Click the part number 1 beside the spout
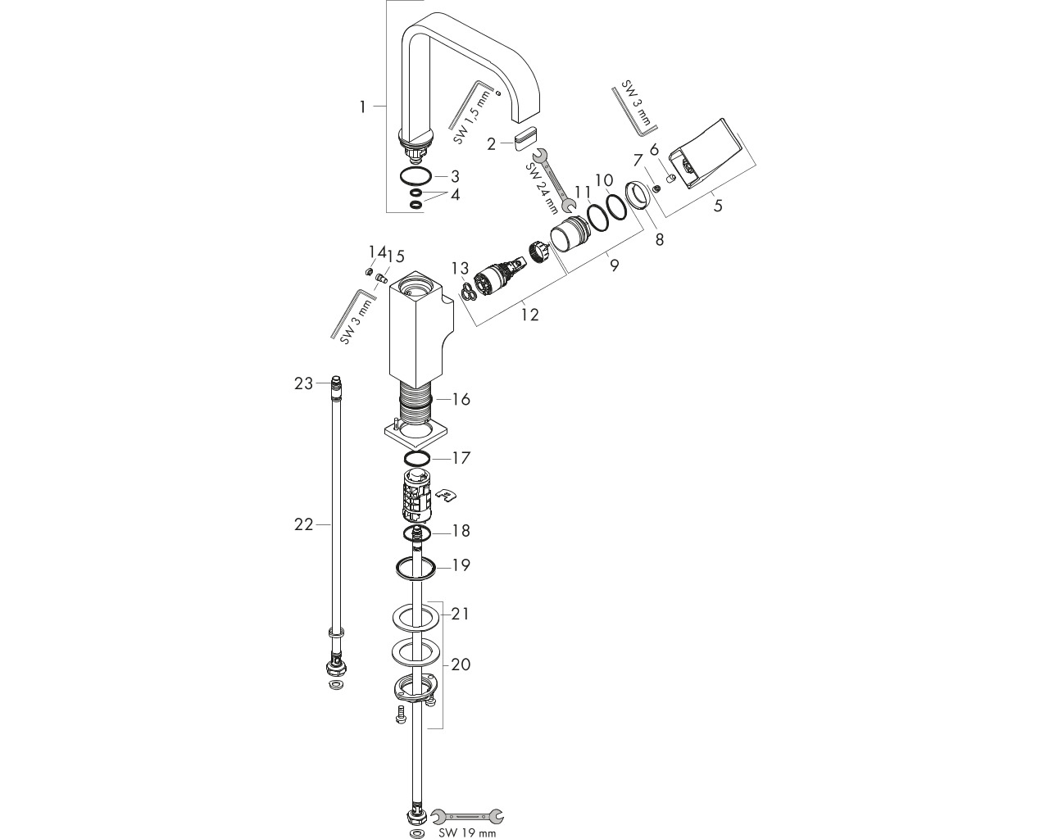tap(362, 107)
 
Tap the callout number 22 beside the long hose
tap(303, 524)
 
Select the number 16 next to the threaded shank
tap(461, 399)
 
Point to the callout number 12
tap(529, 315)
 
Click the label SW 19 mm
tap(461, 832)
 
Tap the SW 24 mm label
tap(542, 188)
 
